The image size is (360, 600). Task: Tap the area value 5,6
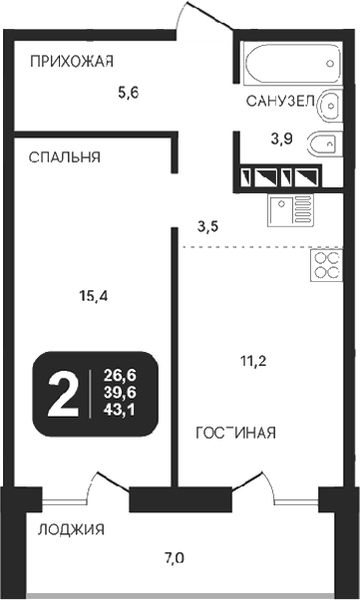[127, 93]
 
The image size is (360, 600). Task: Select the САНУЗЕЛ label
[279, 102]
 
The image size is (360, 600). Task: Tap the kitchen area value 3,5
[208, 226]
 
